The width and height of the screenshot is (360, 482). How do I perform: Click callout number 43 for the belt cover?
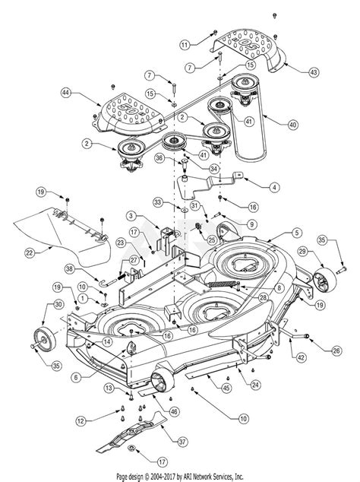coord(336,71)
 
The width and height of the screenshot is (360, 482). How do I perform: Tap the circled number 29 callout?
coord(302,252)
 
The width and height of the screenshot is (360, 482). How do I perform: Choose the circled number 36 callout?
coord(159,157)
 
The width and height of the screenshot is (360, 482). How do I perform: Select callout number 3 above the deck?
coord(131,217)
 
